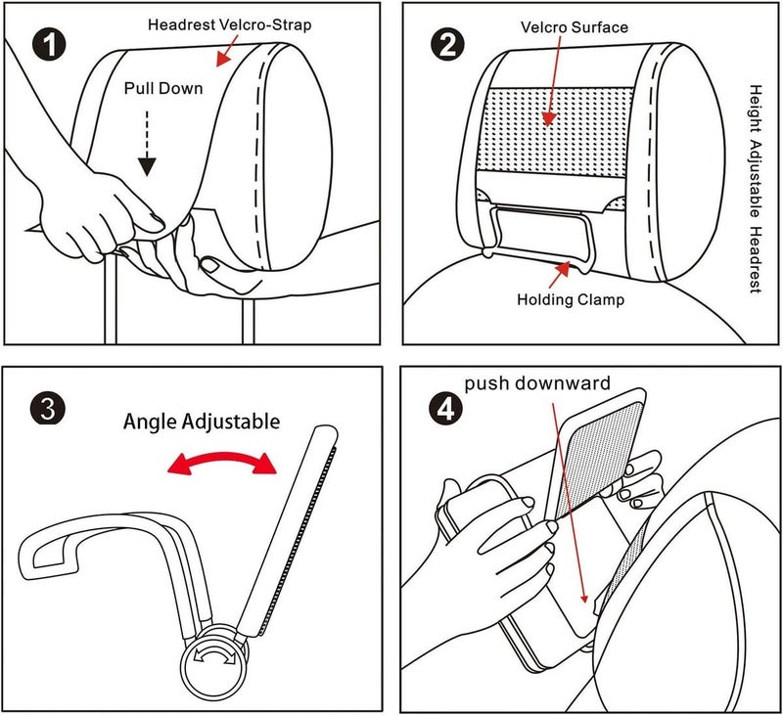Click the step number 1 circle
(50, 45)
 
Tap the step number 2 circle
(447, 45)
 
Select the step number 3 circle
(48, 408)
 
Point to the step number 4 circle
(446, 409)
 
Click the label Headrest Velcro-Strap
(230, 24)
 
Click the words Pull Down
(163, 88)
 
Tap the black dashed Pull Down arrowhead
(147, 166)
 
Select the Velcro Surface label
(575, 27)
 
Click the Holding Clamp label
(571, 299)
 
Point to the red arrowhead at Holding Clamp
(563, 268)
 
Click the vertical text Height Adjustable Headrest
(756, 189)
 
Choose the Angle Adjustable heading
(202, 422)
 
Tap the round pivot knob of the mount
(215, 659)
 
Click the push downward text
(537, 383)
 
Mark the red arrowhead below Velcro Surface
(549, 118)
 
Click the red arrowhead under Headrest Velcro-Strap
(223, 60)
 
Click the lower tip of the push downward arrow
(584, 603)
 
